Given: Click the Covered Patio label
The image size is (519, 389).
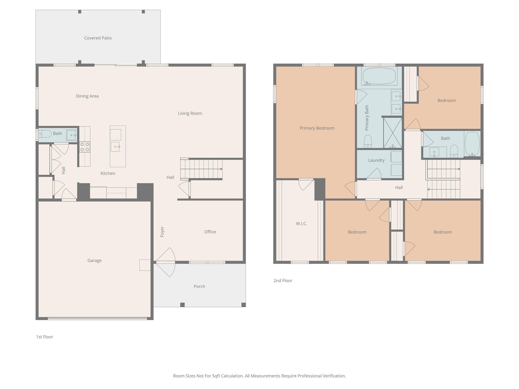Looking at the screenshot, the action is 98,38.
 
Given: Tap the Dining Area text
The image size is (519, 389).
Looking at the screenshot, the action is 87,96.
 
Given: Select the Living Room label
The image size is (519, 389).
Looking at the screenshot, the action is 190,113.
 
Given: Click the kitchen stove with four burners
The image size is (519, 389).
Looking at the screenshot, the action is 85,147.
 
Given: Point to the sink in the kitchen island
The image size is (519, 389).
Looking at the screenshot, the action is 115,147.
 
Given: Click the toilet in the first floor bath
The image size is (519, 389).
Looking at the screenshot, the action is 45,134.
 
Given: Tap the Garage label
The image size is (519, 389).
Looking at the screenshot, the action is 95,260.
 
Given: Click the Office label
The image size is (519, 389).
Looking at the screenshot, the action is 210,232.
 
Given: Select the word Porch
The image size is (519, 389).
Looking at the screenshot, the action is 199,286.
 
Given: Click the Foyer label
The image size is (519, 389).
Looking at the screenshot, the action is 162,232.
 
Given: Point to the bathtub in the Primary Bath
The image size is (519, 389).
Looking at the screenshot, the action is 379,76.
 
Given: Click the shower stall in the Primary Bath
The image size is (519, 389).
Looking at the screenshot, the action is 393,133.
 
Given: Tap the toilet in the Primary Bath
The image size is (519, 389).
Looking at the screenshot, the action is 368,142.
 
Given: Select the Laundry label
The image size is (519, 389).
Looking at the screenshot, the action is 376,160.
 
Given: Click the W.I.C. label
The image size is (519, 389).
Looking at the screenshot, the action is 302,224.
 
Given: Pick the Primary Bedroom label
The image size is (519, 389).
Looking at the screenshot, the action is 317,128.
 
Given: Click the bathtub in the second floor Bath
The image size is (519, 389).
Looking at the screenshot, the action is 472,144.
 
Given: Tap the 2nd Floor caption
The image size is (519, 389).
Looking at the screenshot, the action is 283,281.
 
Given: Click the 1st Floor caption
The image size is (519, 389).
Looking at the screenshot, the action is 45,337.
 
